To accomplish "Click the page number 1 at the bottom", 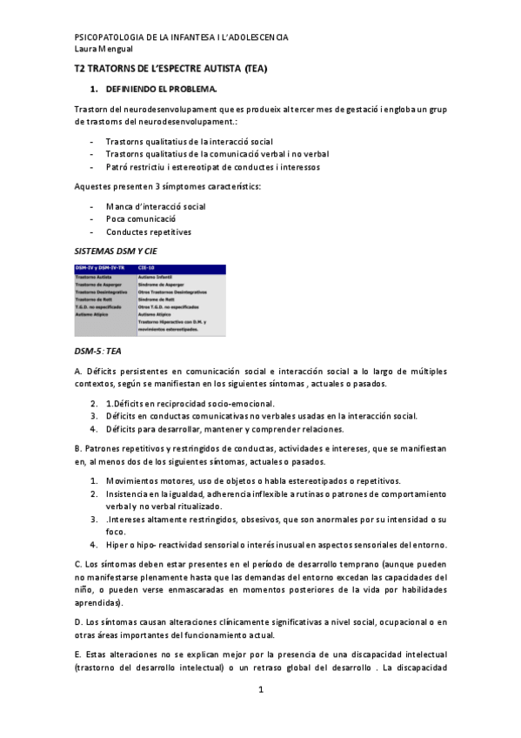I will tap(260, 689).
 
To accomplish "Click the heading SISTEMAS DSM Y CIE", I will tap(117, 252).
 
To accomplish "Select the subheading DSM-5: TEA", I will tap(98, 350).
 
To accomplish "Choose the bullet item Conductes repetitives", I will tap(149, 232).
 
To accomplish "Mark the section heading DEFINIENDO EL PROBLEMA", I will tap(161, 90).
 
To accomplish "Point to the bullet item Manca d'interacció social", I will tap(156, 206).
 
